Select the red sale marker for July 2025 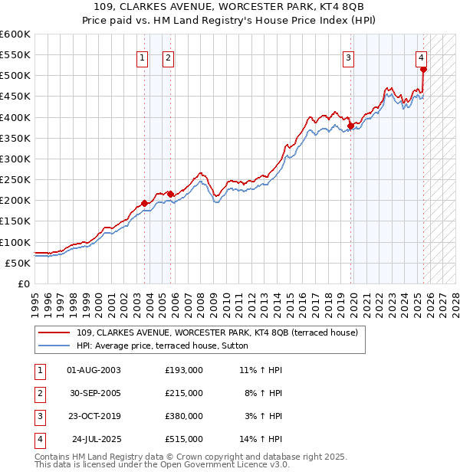click(423, 69)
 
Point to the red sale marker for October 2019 click(350, 126)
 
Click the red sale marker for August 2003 click(144, 204)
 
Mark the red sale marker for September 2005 click(170, 194)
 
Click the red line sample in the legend click(55, 332)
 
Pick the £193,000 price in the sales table click(184, 370)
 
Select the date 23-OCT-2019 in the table click(94, 416)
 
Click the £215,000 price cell click(184, 393)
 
